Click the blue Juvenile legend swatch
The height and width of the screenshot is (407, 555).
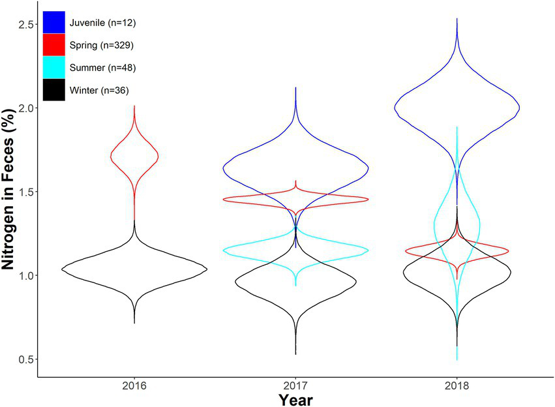pyautogui.click(x=53, y=22)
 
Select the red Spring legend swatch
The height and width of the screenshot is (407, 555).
pyautogui.click(x=53, y=45)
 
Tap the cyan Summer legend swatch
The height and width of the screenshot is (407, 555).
pyautogui.click(x=53, y=67)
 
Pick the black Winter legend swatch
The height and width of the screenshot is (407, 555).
pyautogui.click(x=53, y=90)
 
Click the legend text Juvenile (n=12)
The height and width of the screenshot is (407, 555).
pyautogui.click(x=102, y=23)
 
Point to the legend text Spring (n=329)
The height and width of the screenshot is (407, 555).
pyautogui.click(x=102, y=45)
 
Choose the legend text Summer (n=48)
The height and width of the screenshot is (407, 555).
pyautogui.click(x=102, y=68)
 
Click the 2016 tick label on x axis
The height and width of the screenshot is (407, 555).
pyautogui.click(x=134, y=385)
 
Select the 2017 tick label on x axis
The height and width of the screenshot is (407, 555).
pyautogui.click(x=295, y=385)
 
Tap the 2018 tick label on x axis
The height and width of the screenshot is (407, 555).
pyautogui.click(x=457, y=385)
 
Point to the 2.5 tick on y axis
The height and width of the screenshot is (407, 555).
pyautogui.click(x=23, y=24)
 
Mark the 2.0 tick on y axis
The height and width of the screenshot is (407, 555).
pyautogui.click(x=23, y=108)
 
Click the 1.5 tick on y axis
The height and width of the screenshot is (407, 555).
pyautogui.click(x=23, y=192)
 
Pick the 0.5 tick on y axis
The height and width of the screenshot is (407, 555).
pyautogui.click(x=23, y=359)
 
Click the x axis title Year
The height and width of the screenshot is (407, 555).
pyautogui.click(x=295, y=399)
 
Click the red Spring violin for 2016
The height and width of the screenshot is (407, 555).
pyautogui.click(x=134, y=155)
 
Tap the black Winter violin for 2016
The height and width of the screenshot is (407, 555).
pyautogui.click(x=134, y=269)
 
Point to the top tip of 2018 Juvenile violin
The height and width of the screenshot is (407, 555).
pyautogui.click(x=457, y=19)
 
